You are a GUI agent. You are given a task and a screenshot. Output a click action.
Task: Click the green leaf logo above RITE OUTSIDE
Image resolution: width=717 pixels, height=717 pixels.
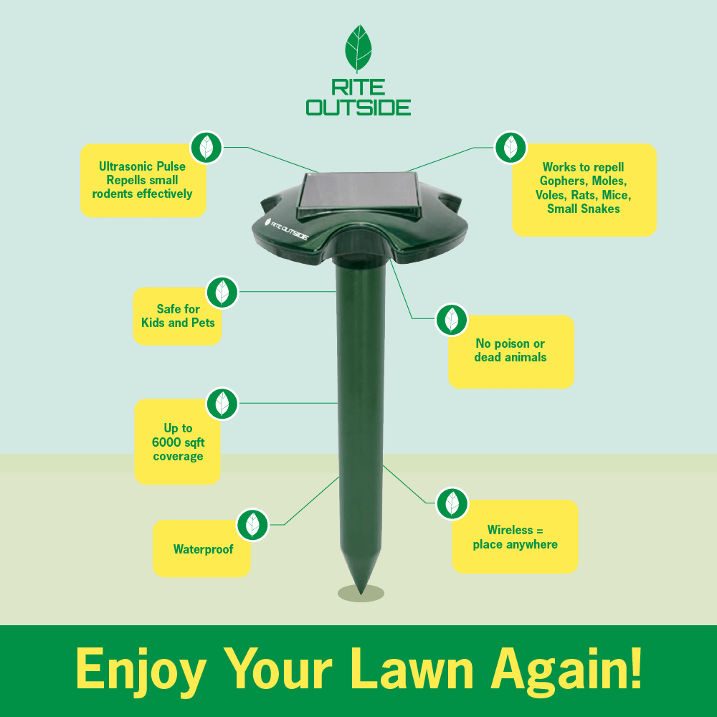tap(358, 49)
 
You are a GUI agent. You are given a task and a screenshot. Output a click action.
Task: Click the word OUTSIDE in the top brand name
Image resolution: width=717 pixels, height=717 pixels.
tap(358, 108)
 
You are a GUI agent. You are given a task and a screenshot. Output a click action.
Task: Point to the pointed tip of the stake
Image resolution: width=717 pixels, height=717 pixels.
tap(361, 593)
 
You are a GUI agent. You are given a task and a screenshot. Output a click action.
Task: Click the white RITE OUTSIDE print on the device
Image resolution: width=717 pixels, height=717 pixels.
tap(286, 229)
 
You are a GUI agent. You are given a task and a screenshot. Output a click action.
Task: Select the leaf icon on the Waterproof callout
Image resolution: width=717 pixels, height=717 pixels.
tap(252, 525)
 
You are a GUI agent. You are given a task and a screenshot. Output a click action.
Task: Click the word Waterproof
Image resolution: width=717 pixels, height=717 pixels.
tap(203, 549)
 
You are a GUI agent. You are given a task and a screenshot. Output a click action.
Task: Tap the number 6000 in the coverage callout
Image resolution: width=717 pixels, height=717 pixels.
tap(166, 442)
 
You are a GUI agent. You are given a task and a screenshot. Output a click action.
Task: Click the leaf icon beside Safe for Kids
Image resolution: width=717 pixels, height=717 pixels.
tap(222, 293)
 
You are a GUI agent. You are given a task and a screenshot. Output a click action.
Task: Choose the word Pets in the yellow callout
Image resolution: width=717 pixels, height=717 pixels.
tap(203, 323)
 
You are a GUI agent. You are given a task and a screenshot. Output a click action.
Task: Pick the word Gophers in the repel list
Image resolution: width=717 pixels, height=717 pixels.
tap(562, 181)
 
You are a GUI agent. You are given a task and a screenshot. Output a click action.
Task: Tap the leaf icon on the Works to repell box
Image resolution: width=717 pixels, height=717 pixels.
tap(511, 148)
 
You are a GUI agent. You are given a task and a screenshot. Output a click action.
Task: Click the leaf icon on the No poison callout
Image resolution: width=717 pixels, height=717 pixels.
tap(451, 320)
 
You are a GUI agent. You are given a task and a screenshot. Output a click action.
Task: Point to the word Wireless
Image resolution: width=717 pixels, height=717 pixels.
tap(510, 530)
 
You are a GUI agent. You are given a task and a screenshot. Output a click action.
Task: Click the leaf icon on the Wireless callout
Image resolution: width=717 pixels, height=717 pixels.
tap(452, 503)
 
